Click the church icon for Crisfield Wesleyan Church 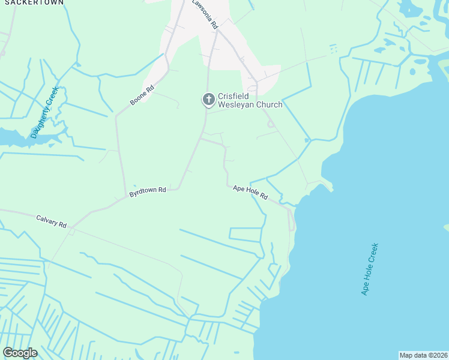pos(208,99)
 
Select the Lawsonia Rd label pos(205,15)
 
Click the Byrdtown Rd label pos(147,192)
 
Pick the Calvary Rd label pos(51,221)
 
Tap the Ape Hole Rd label pos(250,193)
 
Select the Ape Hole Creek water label pos(370,269)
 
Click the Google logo pos(20,353)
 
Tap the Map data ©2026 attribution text pos(423,355)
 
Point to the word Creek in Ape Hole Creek pos(374,252)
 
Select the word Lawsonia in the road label pos(202,11)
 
